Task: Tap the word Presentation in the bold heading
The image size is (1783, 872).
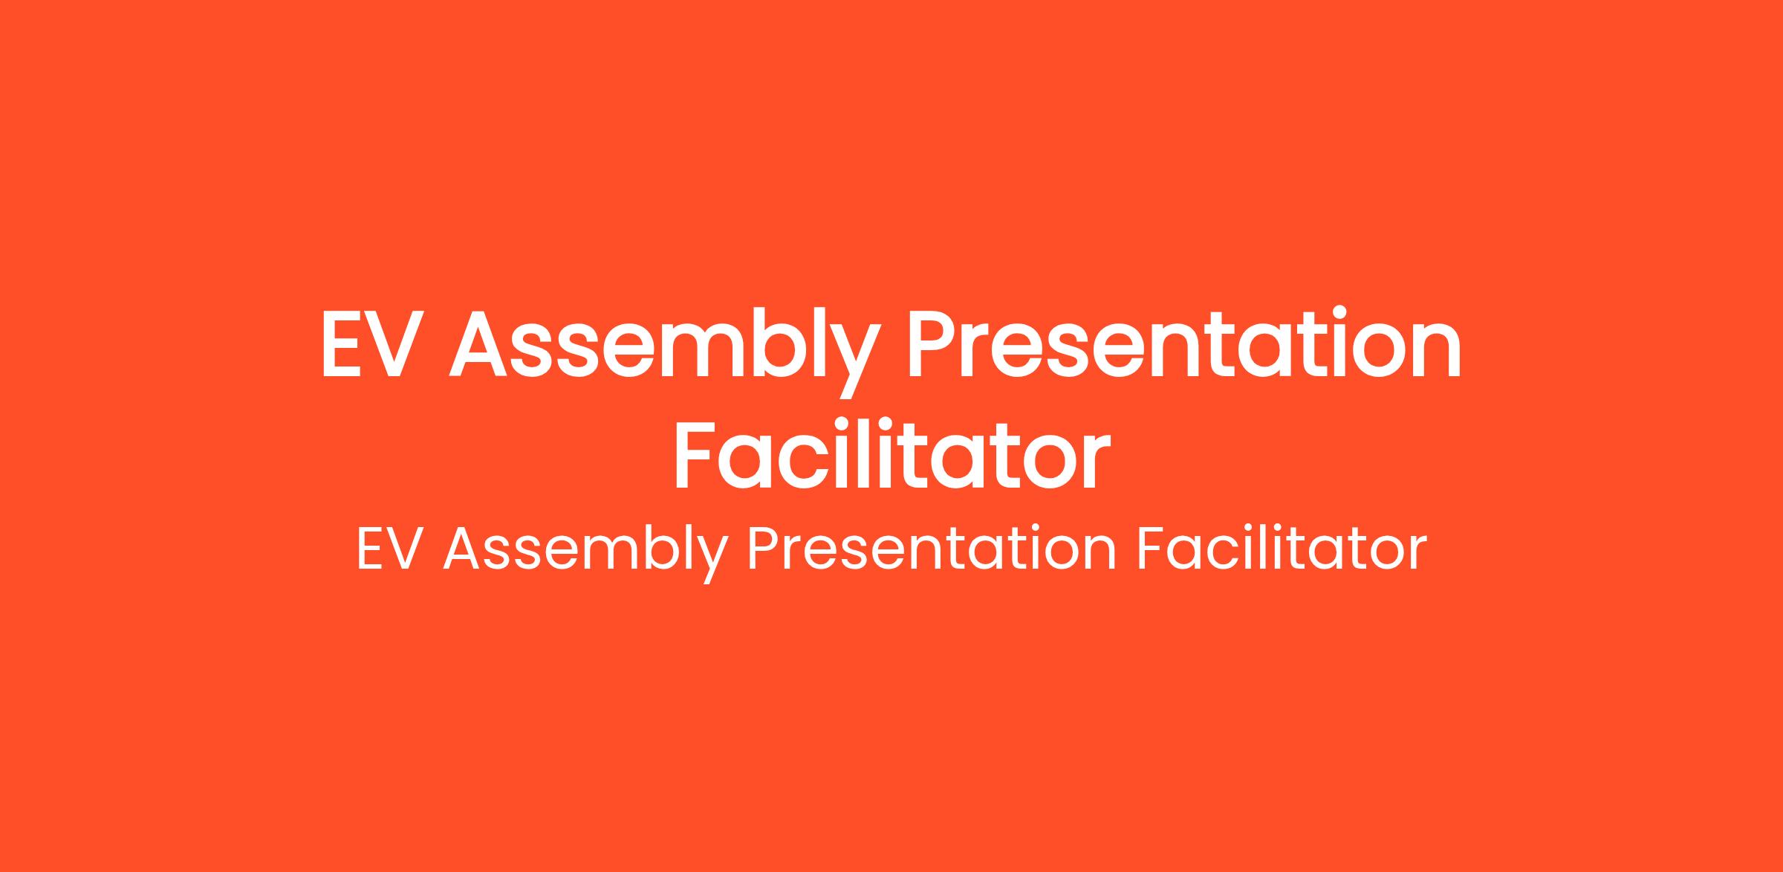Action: tap(1184, 343)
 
